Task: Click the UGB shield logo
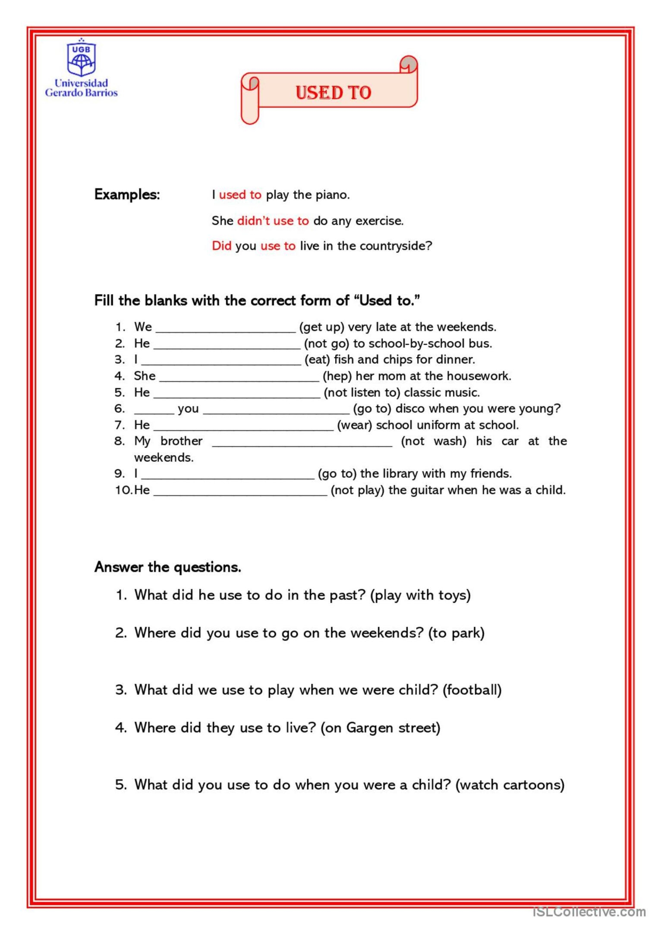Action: tap(81, 58)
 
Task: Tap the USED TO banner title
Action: tap(333, 93)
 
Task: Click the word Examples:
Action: tap(127, 195)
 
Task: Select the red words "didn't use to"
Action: tap(273, 221)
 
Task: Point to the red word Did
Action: tap(222, 246)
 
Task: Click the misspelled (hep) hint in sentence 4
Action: tap(337, 376)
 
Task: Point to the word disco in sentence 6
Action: tap(410, 409)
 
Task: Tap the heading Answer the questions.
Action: tap(167, 567)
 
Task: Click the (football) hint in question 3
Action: tap(472, 690)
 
